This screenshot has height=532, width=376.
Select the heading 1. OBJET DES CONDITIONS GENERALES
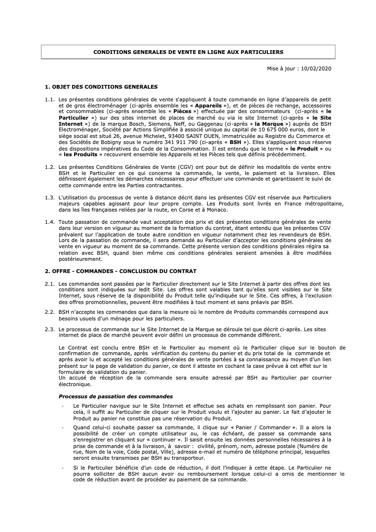pos(101,87)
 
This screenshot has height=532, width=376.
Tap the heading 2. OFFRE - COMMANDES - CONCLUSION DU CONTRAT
pos(120,271)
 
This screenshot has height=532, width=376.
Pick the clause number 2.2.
pos(50,312)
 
